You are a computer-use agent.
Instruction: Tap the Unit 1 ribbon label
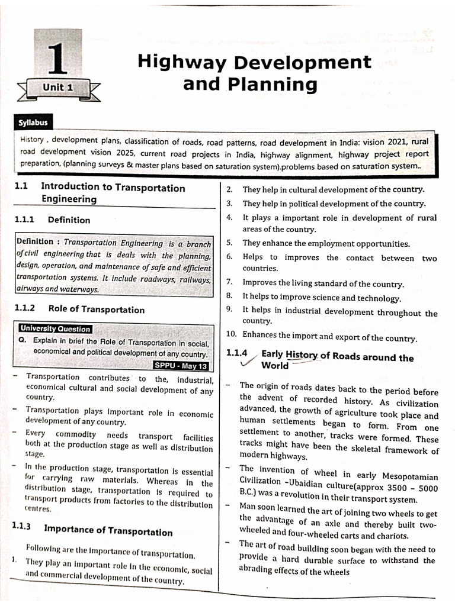57,87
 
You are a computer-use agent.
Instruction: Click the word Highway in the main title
188,63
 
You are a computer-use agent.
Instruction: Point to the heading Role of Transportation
96,310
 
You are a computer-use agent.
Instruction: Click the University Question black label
55,329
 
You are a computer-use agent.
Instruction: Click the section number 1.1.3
22,526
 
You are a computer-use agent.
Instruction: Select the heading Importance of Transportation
108,531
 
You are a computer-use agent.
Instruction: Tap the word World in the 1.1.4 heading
275,366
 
